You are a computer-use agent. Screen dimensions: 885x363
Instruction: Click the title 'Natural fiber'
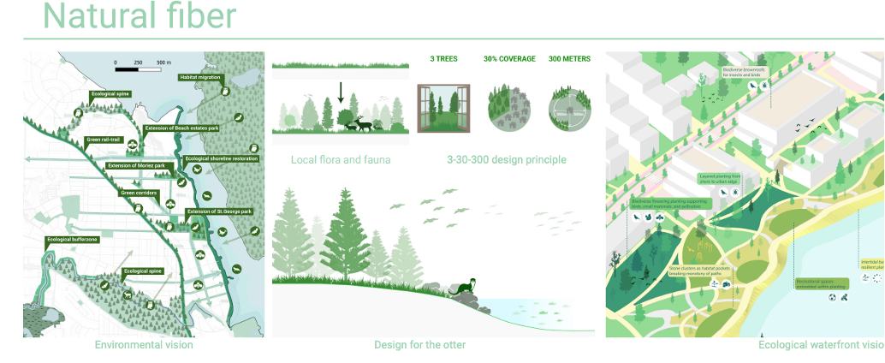coord(140,15)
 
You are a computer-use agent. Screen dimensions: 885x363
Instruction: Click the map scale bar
coord(142,64)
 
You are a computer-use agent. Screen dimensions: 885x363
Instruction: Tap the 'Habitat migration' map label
coord(199,77)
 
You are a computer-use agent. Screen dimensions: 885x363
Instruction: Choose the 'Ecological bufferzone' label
coord(73,240)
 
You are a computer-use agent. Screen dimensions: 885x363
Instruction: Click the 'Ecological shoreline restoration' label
coord(221,158)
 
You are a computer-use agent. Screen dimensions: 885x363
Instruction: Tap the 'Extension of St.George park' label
coord(219,211)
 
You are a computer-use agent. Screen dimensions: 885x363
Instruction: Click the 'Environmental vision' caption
coord(144,345)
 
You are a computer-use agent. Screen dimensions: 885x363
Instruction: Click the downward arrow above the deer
coord(341,92)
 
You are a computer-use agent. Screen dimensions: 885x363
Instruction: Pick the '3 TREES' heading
coord(443,59)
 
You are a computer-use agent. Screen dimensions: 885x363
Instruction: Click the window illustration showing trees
coord(443,108)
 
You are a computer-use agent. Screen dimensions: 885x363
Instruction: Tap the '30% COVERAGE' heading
coord(509,59)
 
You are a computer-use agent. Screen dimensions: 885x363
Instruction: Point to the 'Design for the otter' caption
coord(419,345)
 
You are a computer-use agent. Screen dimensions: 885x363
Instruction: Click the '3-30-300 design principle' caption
coord(506,159)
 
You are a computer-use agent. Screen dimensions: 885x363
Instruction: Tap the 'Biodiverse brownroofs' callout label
coord(741,72)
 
